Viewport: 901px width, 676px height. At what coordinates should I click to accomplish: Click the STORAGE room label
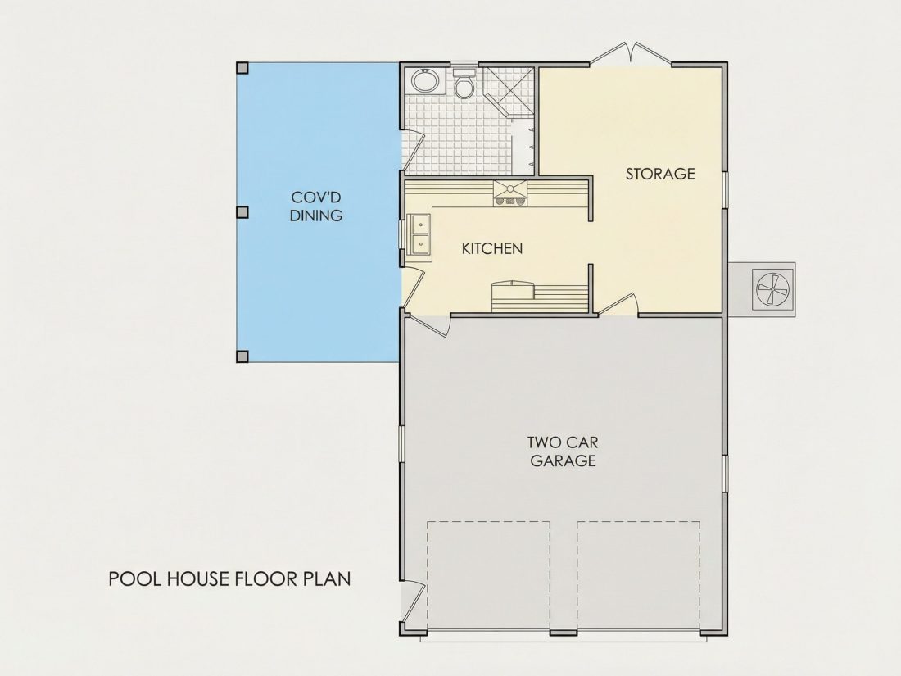(x=660, y=174)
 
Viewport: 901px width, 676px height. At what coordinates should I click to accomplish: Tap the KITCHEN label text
(x=492, y=248)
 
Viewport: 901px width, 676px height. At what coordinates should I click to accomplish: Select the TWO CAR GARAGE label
(x=564, y=451)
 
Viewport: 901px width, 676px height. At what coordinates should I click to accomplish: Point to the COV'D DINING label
(x=316, y=206)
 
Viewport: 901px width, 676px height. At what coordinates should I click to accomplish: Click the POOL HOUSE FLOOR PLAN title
(x=230, y=578)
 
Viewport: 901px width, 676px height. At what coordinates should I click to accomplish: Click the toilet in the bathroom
(x=463, y=84)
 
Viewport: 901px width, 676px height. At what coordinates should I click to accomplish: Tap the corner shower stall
(x=509, y=92)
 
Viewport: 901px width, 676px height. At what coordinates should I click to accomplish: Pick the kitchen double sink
(x=420, y=234)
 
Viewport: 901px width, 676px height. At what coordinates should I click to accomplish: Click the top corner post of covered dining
(x=242, y=68)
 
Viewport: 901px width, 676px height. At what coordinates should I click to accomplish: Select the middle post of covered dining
(x=242, y=212)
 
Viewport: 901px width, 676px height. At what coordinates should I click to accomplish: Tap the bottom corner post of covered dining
(x=242, y=356)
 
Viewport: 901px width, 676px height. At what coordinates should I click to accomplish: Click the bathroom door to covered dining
(x=413, y=151)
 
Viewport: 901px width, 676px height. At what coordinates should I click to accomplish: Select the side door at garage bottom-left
(x=413, y=602)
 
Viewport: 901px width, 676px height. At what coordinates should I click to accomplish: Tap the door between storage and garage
(x=619, y=306)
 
